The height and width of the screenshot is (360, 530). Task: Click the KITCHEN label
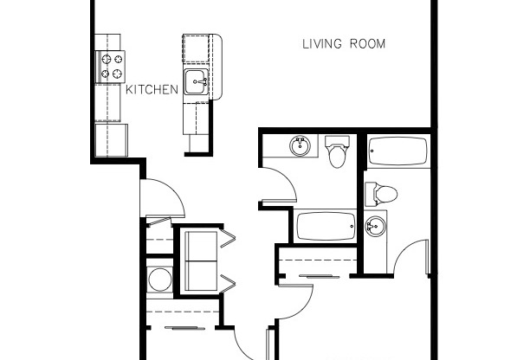tap(152, 89)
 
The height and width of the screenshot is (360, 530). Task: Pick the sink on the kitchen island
tap(197, 84)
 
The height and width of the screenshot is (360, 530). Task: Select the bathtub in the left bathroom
tap(326, 227)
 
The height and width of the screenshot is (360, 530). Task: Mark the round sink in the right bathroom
tap(374, 228)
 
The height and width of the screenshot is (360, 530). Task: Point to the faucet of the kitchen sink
tap(204, 84)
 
